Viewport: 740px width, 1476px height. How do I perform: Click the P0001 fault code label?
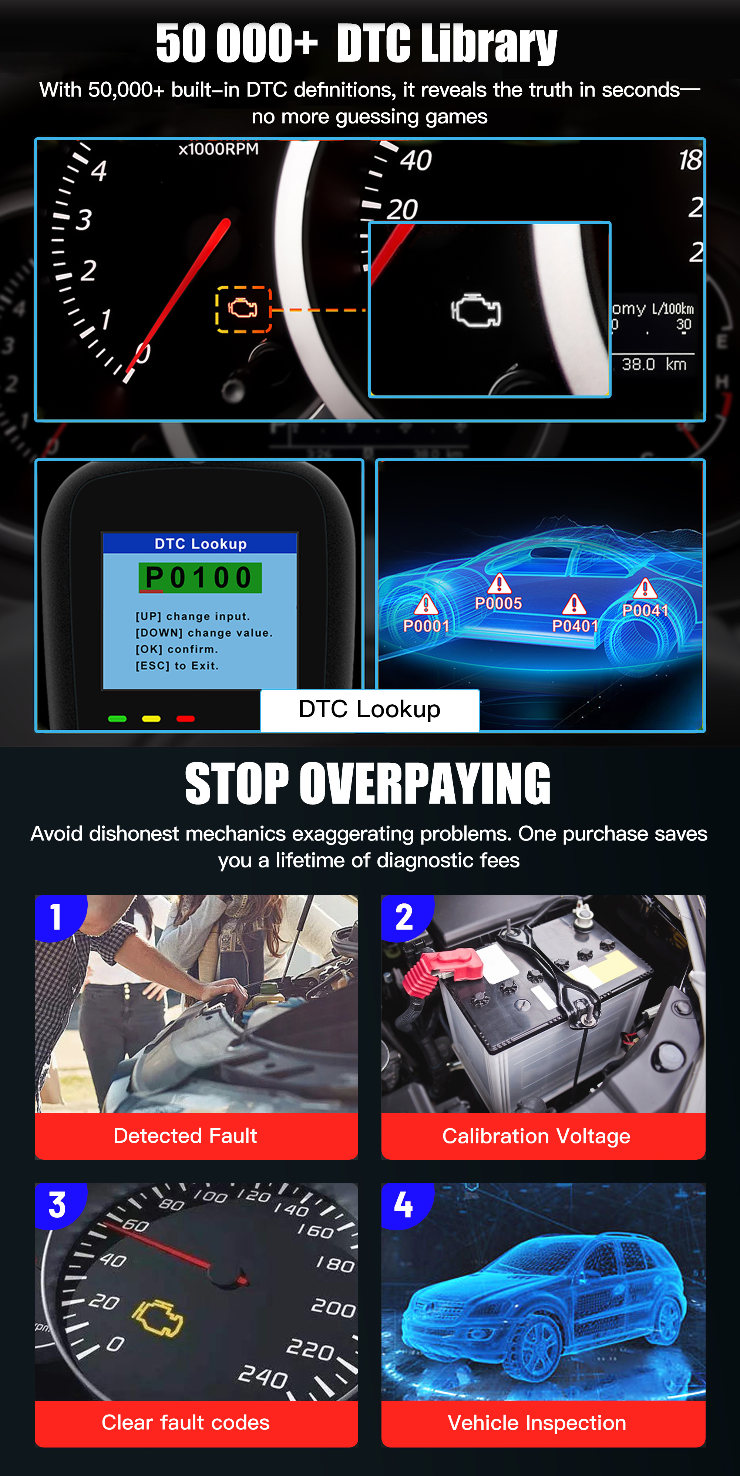tap(426, 626)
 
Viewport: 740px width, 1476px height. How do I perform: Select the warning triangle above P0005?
tap(499, 584)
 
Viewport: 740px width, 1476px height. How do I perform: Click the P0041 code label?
tap(645, 610)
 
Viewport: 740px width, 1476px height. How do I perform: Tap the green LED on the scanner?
tap(117, 718)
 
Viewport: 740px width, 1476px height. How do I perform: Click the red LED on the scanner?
tap(185, 718)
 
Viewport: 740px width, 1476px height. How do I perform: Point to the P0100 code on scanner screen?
tap(199, 577)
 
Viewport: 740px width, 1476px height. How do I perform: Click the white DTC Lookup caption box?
tap(370, 710)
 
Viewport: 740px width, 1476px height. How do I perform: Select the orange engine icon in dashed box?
tap(243, 309)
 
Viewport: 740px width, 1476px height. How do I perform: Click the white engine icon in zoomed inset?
tap(476, 311)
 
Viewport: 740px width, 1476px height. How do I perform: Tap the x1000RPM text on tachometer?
tap(218, 149)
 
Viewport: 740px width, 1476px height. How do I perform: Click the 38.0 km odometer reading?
tap(654, 364)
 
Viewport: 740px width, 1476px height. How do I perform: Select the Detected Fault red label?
tap(185, 1136)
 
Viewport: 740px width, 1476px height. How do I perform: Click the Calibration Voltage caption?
tap(536, 1136)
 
